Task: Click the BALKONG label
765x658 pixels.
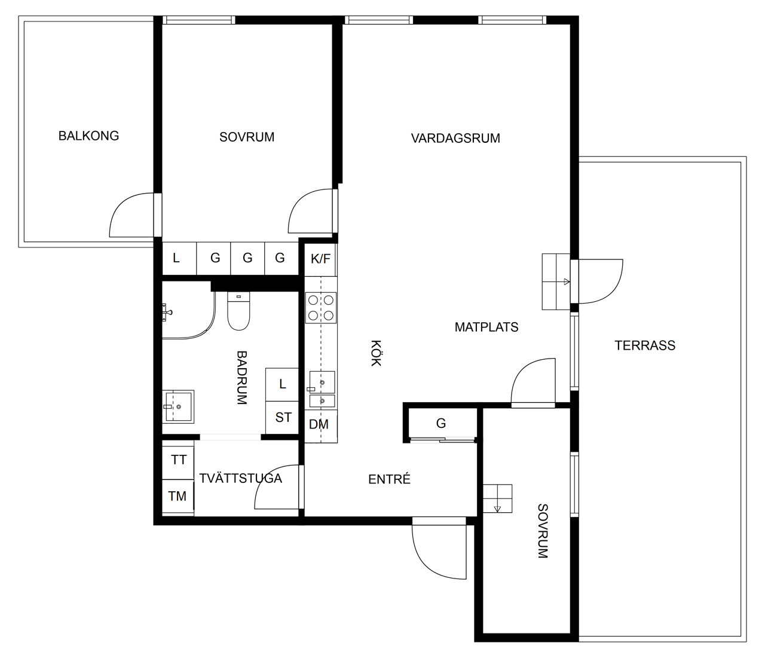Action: click(x=89, y=136)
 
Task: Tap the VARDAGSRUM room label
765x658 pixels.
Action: click(x=455, y=138)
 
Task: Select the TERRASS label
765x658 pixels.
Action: click(x=645, y=345)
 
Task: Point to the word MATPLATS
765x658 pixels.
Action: click(x=486, y=327)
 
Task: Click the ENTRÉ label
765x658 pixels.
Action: click(x=389, y=479)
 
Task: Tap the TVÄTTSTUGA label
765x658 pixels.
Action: click(x=241, y=478)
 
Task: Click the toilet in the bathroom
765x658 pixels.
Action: click(x=238, y=311)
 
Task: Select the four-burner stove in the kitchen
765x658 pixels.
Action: click(x=320, y=308)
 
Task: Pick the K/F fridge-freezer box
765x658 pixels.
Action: click(x=320, y=259)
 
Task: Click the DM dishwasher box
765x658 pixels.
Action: click(x=320, y=425)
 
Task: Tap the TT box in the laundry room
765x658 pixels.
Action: click(x=178, y=460)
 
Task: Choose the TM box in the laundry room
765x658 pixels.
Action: click(x=178, y=496)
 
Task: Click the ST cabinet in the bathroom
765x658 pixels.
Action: click(x=282, y=417)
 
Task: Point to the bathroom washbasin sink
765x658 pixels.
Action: click(x=178, y=406)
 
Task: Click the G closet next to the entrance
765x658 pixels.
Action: click(x=441, y=423)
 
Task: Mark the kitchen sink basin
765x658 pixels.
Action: click(x=322, y=382)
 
